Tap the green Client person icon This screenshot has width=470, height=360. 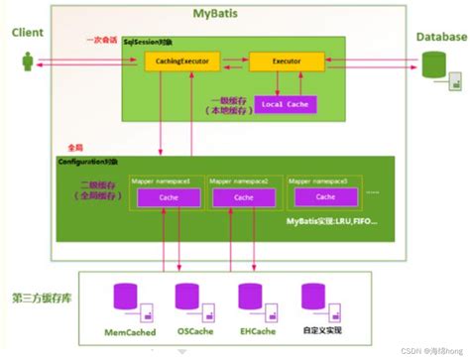coord(26,61)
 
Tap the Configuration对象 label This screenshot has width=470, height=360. coord(90,161)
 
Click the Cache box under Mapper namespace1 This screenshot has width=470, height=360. coord(165,198)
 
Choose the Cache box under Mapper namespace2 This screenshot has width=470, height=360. coord(242,198)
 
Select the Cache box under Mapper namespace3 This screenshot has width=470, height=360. coord(319,198)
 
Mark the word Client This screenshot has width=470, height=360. coord(29,33)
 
